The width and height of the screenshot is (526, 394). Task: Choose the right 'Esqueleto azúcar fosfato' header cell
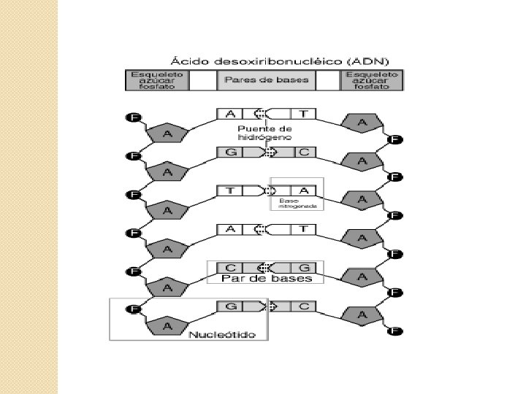point(373,80)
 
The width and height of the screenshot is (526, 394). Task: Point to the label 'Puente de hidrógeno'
point(264,133)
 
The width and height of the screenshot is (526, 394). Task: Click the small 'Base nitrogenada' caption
point(297,204)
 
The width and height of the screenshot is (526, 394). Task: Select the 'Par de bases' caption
point(267,278)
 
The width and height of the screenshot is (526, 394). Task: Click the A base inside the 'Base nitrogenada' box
point(304,191)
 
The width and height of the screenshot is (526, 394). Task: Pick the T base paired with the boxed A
point(230,191)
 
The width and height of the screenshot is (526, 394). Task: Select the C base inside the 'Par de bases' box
point(230,268)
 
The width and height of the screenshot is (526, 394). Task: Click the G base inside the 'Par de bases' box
point(304,268)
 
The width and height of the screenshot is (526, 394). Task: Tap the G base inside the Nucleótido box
point(230,306)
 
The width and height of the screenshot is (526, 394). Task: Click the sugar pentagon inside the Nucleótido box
point(167,325)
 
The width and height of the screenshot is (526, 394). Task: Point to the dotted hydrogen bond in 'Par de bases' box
point(269,268)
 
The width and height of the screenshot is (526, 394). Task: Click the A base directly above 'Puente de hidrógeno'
point(230,114)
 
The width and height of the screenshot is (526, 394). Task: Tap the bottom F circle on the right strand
point(395,331)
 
